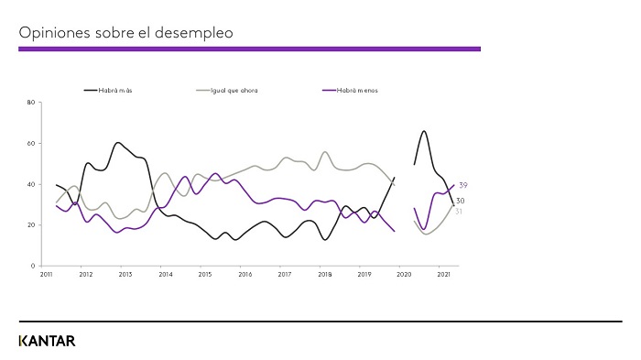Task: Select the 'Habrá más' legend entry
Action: pyautogui.click(x=115, y=91)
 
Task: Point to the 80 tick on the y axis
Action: pyautogui.click(x=31, y=103)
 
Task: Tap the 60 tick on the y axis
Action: pyautogui.click(x=31, y=144)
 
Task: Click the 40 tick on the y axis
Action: pyautogui.click(x=31, y=184)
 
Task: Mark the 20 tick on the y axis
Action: pyautogui.click(x=31, y=225)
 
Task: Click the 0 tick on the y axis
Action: pyautogui.click(x=33, y=266)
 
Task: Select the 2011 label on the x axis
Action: pyautogui.click(x=45, y=274)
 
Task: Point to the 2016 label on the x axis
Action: pyautogui.click(x=244, y=274)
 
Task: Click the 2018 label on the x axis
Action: pyautogui.click(x=323, y=274)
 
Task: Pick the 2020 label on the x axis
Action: pyautogui.click(x=403, y=274)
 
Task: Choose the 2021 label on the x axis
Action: pyautogui.click(x=443, y=274)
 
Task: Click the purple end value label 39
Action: pyautogui.click(x=463, y=186)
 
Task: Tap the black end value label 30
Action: pyautogui.click(x=461, y=202)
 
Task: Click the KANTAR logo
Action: pyautogui.click(x=47, y=341)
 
